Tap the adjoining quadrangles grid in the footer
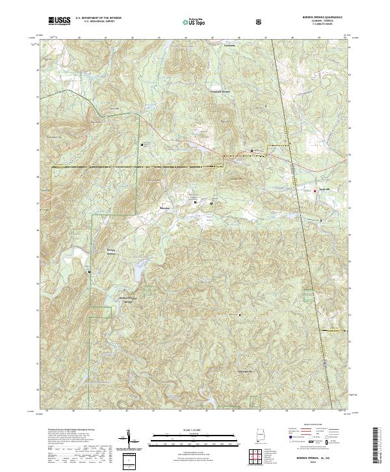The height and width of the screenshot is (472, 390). click(259, 457)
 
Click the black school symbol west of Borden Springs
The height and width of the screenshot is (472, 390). click(90, 271)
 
